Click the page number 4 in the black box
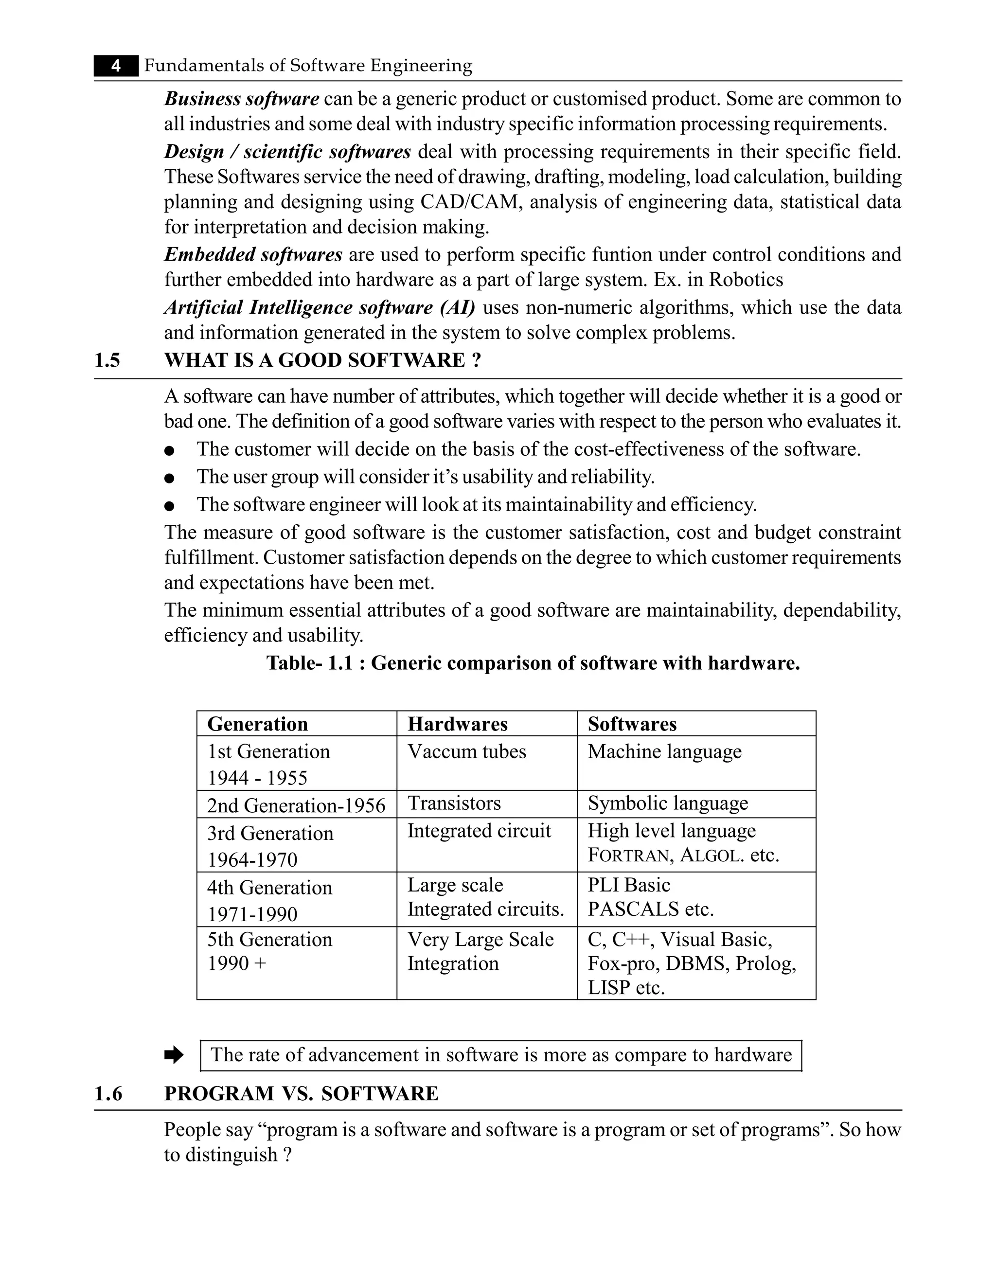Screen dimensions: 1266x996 [116, 66]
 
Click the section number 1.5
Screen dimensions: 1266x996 [107, 360]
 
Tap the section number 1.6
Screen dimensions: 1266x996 [108, 1093]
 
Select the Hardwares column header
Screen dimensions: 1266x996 [457, 724]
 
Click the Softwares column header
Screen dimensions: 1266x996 [632, 724]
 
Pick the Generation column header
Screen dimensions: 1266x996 [257, 724]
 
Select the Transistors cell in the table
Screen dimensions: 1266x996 [454, 803]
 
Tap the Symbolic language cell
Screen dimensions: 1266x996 [668, 803]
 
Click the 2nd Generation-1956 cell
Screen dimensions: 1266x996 [296, 805]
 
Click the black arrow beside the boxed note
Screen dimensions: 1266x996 [174, 1055]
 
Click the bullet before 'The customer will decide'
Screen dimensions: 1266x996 [170, 450]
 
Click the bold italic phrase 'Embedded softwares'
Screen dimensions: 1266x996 [253, 255]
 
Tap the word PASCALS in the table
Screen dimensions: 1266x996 [633, 909]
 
